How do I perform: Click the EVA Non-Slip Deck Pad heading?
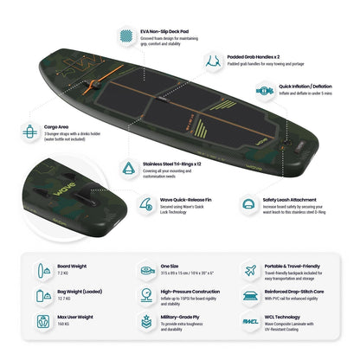[161, 29]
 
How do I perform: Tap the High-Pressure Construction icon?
[144, 295]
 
